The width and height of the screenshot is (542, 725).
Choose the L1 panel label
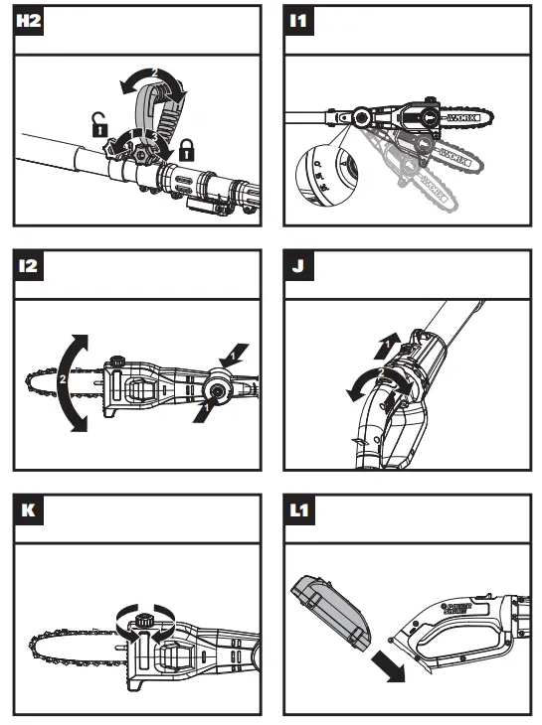pyautogui.click(x=300, y=511)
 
